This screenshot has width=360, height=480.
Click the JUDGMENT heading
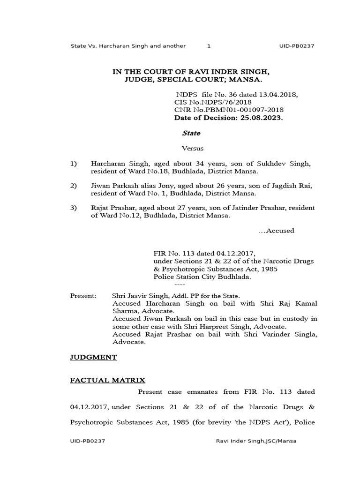93,357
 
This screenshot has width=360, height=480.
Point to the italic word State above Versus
191,133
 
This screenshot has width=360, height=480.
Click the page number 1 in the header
209,46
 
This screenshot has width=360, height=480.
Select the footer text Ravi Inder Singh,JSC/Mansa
256,441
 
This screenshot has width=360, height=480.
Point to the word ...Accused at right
277,231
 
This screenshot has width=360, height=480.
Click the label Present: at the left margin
83,296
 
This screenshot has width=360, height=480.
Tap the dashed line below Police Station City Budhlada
180,285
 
